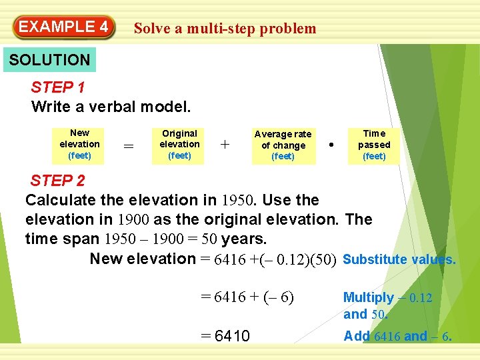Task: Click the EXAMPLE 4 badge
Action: coord(63,27)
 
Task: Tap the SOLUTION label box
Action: coord(49,59)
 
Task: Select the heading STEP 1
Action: coord(57,87)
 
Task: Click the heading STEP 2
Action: coord(57,181)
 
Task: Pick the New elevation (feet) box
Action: coord(79,145)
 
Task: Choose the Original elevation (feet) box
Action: coord(179,145)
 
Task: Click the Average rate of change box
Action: coord(283,145)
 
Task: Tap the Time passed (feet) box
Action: coord(374,145)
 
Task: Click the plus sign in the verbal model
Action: coord(225,145)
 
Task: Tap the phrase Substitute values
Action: coord(399,259)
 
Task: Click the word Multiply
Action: coord(368,298)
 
